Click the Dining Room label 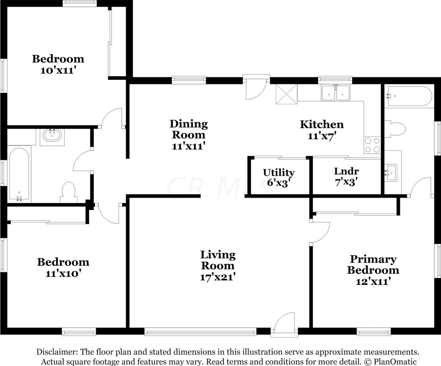coord(189,129)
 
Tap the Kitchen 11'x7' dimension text coord(322,136)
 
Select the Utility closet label coord(279,172)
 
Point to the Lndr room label coord(346,171)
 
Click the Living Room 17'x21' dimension coord(218,277)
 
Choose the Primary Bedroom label coord(373,265)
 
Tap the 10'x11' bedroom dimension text coord(58,70)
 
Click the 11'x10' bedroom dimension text coord(63,273)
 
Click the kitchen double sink coord(336,93)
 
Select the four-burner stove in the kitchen coord(372,145)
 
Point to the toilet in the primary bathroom coord(395,129)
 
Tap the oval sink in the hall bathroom coord(52,135)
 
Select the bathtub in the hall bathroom coord(19,174)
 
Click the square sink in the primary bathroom coord(391,172)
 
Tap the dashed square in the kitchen coord(286,94)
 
